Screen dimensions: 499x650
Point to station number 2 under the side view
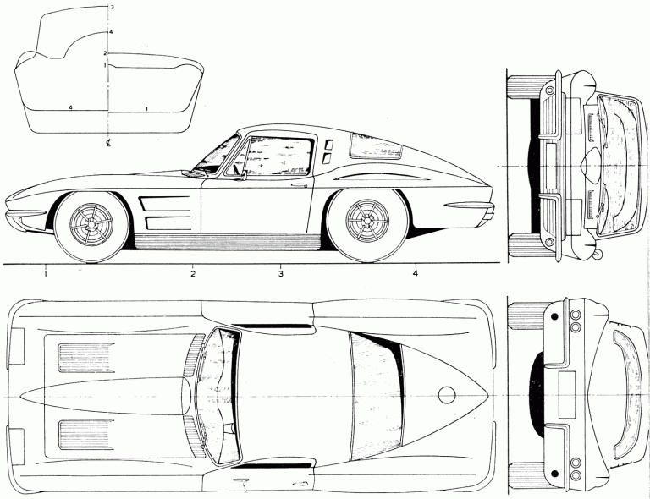[x=193, y=274]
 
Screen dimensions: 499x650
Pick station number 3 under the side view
[x=279, y=274]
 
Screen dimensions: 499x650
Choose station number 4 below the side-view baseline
[x=416, y=274]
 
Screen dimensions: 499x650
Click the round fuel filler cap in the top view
[x=446, y=394]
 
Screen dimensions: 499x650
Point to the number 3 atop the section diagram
[x=113, y=8]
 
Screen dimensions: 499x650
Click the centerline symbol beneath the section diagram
[x=108, y=142]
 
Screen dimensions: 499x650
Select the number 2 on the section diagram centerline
[x=104, y=53]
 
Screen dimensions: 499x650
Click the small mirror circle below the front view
[x=598, y=251]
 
